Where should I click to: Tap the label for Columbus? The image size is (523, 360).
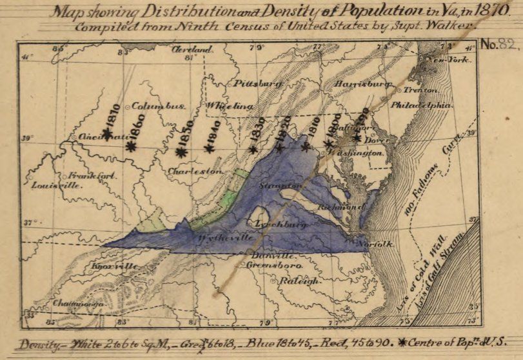(159, 106)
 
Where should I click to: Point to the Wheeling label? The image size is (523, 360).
(228, 105)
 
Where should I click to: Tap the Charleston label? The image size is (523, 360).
(195, 172)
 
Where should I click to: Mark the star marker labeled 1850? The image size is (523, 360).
(181, 153)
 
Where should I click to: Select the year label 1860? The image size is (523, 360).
(136, 123)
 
